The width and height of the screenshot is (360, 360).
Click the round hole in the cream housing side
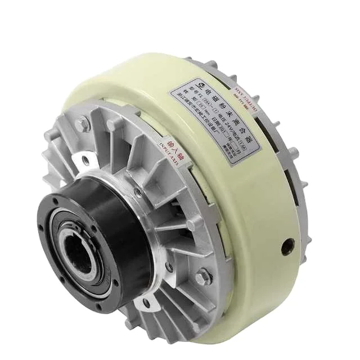[289, 245]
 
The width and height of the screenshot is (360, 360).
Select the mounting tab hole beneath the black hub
[147, 304]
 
